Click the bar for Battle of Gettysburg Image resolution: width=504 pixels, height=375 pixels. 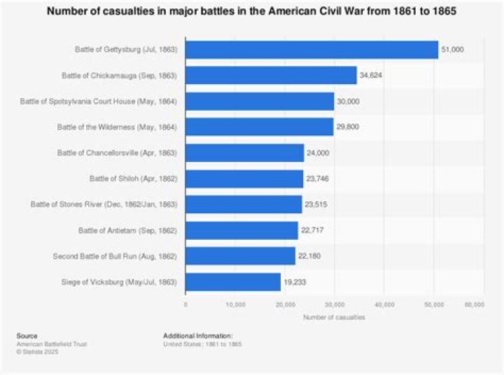pos(311,50)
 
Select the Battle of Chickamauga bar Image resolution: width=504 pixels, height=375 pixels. pos(271,75)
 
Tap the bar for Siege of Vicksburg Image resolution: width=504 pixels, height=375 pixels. pos(233,282)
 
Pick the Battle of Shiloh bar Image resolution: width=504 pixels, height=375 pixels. pos(244,179)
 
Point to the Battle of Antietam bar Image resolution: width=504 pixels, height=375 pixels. pos(241,231)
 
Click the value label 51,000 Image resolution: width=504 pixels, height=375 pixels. pos(453,50)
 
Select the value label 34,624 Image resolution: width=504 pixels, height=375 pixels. pos(372,76)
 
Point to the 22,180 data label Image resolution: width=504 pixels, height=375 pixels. pos(309,257)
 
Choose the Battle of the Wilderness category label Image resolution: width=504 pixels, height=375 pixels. pos(118,127)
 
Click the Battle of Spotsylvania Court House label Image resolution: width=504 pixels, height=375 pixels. pos(99,102)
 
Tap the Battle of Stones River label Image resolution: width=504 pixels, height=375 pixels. pos(104,205)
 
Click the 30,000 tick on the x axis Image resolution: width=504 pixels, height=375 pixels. pos(335,305)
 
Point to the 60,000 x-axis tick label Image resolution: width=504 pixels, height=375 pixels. pos(475,305)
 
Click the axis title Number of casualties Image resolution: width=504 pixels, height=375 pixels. pos(330,318)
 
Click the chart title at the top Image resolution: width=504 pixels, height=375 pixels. pos(252,13)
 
